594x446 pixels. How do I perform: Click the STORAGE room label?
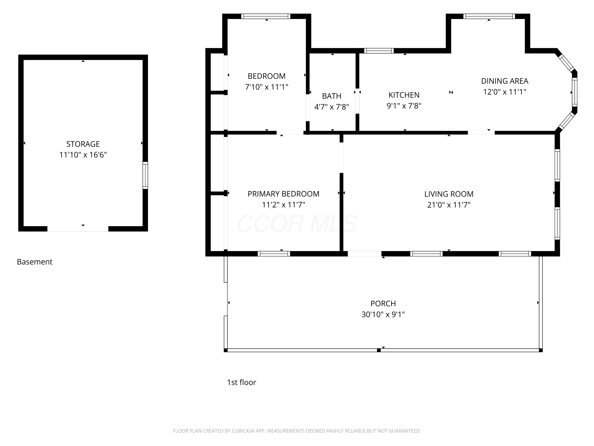[x=83, y=144]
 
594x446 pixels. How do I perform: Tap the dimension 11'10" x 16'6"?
[x=83, y=155]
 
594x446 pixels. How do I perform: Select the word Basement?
[x=35, y=262]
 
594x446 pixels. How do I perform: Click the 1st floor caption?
[x=241, y=382]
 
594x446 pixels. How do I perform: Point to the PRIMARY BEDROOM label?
[x=283, y=194]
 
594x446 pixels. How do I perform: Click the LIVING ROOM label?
[x=449, y=194]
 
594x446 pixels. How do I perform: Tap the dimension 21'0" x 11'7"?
[x=449, y=205]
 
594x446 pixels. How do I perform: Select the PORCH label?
[x=383, y=303]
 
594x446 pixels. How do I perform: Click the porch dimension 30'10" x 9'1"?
[x=383, y=314]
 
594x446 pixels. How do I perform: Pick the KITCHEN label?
[x=404, y=95]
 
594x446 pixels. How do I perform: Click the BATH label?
[x=332, y=96]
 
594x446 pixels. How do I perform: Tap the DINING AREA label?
[x=505, y=81]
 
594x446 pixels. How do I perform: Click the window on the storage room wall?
[x=145, y=175]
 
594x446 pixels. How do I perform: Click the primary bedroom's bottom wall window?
[x=274, y=254]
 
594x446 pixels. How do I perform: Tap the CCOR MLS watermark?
[x=297, y=224]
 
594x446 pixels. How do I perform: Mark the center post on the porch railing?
[x=379, y=350]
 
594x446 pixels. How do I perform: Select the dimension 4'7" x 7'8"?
[x=332, y=107]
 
